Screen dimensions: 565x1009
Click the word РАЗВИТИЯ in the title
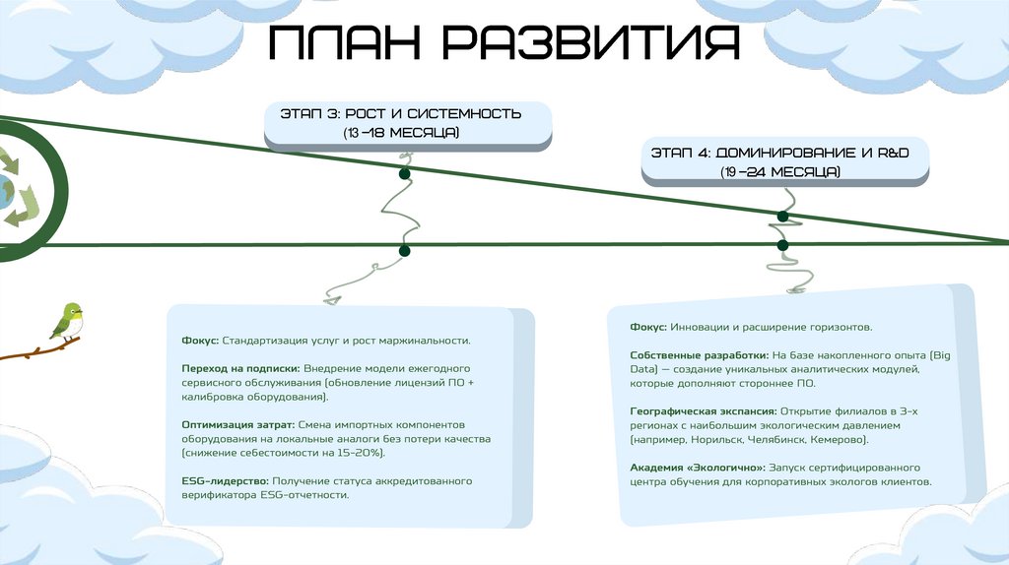(x=586, y=44)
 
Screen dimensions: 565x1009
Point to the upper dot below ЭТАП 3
(x=404, y=174)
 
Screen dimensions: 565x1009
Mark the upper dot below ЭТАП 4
(x=782, y=216)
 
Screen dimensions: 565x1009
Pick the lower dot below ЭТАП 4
(x=782, y=245)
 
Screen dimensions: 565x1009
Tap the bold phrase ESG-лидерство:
(x=225, y=480)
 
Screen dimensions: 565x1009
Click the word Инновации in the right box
(x=698, y=326)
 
